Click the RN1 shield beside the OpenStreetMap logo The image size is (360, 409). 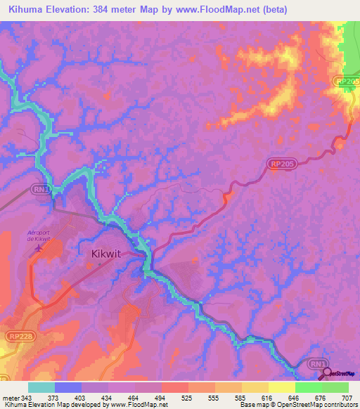[319, 363]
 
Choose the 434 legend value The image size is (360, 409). [108, 398]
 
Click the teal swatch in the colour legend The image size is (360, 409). [41, 387]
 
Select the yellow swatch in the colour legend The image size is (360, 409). [281, 387]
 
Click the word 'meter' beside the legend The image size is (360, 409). [10, 398]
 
